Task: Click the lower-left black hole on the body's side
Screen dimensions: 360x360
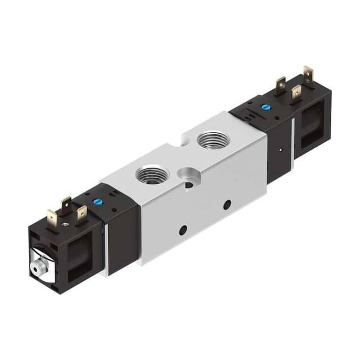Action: [x=183, y=229]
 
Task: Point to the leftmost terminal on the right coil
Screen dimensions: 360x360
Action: [x=280, y=85]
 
